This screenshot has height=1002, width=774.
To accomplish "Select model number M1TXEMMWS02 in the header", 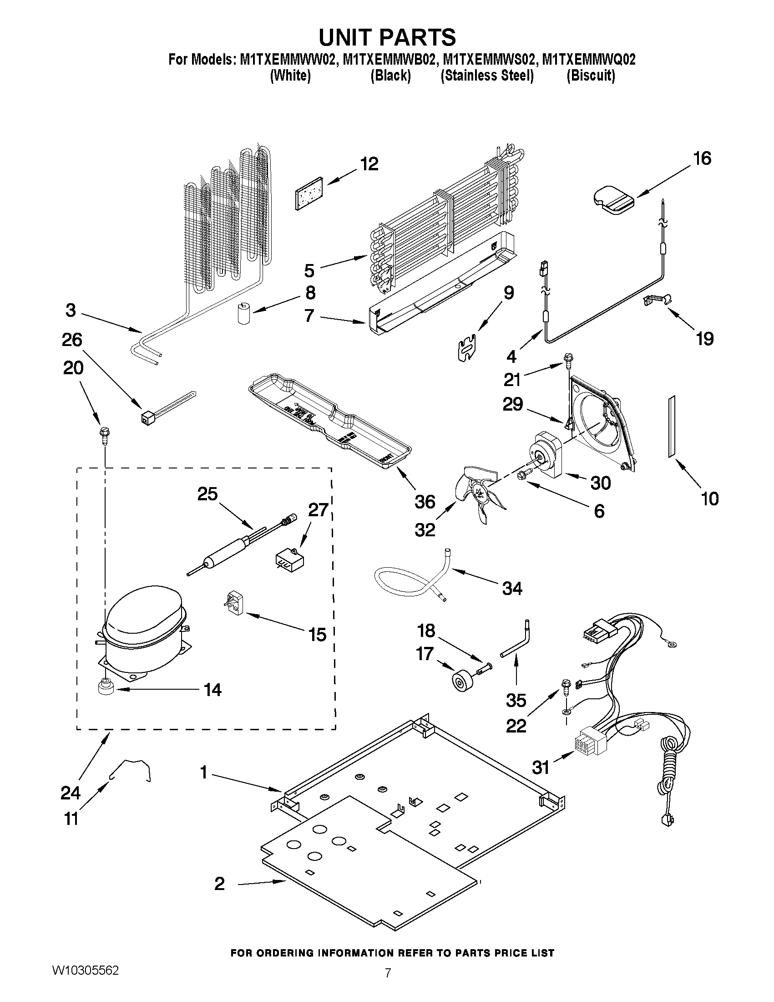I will click(489, 60).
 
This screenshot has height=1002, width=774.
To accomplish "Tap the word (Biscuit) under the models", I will click(590, 76).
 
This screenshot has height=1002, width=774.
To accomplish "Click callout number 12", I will click(369, 164).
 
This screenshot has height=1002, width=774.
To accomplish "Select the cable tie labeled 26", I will click(165, 408).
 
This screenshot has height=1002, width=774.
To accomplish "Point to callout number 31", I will click(541, 767).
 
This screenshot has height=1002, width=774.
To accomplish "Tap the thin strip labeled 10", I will click(672, 427).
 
